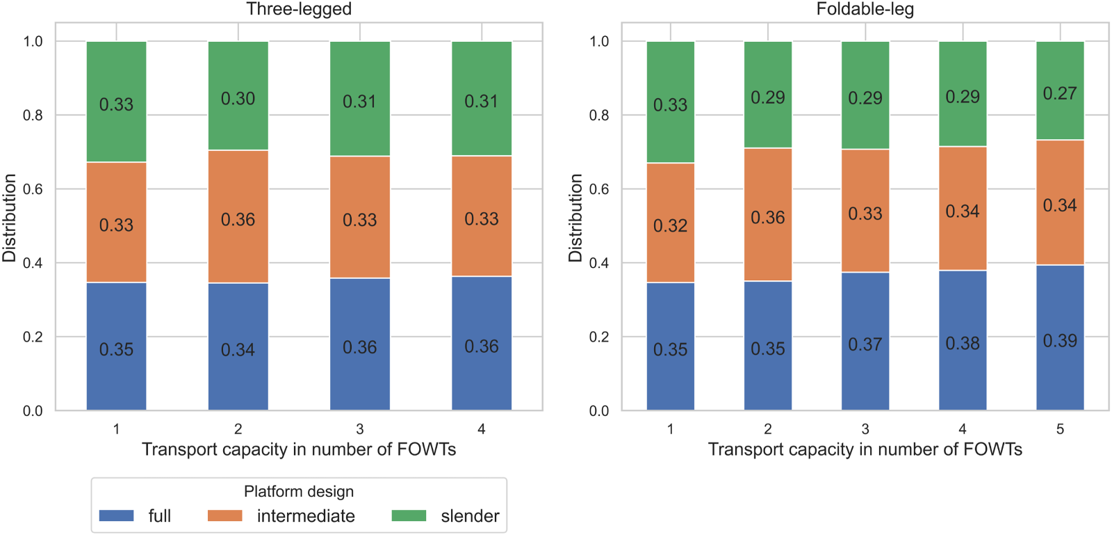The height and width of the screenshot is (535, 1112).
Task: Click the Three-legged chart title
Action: [x=299, y=9]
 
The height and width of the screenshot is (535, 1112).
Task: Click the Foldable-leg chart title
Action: [x=865, y=9]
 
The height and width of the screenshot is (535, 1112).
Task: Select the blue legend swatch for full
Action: [x=116, y=516]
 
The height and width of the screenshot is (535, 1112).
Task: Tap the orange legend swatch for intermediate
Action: [x=224, y=516]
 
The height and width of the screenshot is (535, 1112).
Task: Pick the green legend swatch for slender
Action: [x=409, y=516]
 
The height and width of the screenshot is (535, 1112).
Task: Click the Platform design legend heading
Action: [x=299, y=492]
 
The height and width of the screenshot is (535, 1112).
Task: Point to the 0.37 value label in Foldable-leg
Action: [x=865, y=344]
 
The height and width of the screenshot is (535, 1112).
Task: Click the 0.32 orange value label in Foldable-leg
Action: [x=670, y=226]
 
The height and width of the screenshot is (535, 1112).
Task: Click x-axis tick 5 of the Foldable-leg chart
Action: [x=1060, y=429]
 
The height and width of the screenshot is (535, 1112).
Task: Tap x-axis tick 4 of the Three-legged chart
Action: [x=482, y=429]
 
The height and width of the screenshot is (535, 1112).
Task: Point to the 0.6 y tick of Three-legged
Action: [x=33, y=189]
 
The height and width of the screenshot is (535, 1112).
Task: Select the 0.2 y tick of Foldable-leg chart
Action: [x=599, y=337]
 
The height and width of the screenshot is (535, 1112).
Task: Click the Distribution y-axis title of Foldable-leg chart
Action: [x=575, y=218]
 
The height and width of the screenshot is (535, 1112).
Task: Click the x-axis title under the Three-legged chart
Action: [x=299, y=449]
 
